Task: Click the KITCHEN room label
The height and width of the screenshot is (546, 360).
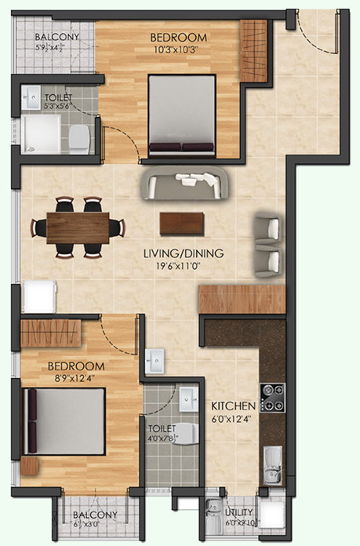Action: [233, 406]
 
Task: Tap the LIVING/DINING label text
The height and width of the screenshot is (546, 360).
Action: [184, 253]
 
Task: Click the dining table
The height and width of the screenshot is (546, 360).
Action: [78, 227]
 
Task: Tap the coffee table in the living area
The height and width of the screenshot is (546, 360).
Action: [179, 224]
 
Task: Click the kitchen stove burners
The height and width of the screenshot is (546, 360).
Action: [271, 396]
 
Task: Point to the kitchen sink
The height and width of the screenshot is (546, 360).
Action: [272, 466]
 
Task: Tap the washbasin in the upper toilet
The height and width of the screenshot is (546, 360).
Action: [33, 97]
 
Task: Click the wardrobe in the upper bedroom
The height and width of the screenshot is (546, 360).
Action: [253, 50]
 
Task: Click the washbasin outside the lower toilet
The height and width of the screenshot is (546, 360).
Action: [155, 360]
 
